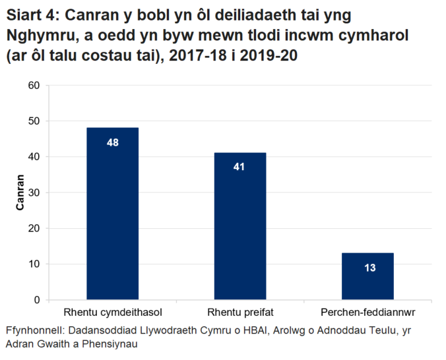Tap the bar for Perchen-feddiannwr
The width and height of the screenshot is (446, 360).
coord(367,276)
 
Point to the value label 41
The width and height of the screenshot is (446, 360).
coord(239,167)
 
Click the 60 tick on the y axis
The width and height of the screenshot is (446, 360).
coord(34,86)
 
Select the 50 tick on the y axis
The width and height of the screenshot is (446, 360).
coord(34,121)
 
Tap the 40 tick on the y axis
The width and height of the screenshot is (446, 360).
coord(34,157)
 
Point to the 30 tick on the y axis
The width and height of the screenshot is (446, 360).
coord(34,193)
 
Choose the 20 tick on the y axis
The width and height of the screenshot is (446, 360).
coord(34,228)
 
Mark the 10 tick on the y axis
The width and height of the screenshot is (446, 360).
coord(34,264)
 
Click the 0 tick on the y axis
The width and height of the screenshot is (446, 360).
coord(36,300)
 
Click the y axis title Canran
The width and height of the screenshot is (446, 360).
coord(20,193)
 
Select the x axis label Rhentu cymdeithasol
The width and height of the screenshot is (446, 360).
coord(113,311)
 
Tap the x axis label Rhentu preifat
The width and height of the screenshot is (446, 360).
coord(239,311)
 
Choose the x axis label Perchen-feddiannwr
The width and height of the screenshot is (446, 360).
coord(367,311)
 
